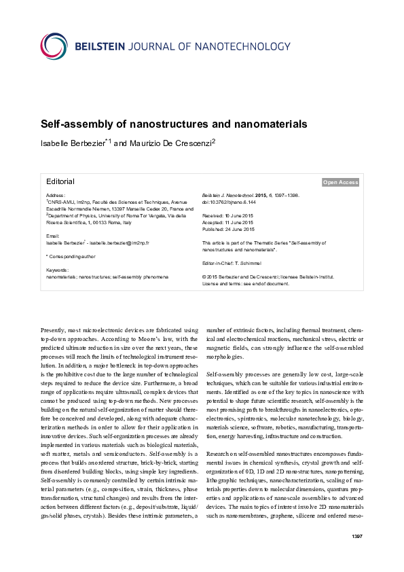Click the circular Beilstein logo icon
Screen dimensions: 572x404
(56, 46)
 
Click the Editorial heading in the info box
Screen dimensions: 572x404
(60, 181)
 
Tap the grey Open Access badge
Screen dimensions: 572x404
(340, 182)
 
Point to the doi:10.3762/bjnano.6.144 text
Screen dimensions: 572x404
(232, 202)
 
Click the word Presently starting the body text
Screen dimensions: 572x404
(54, 329)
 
